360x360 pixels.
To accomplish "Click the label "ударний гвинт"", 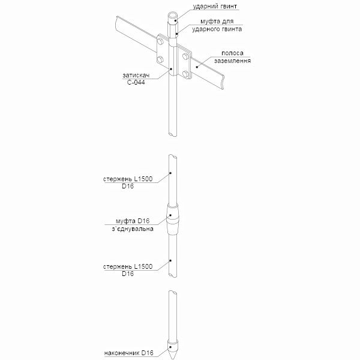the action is (x=215, y=7).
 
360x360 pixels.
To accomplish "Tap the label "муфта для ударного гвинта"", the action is (x=217, y=25).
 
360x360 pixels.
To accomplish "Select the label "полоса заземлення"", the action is (x=232, y=57).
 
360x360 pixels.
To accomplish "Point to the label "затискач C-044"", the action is (x=136, y=79).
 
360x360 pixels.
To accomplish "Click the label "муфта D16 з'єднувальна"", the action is (x=133, y=225).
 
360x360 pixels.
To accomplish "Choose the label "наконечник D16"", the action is (x=128, y=353).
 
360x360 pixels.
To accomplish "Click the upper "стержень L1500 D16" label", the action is (x=128, y=182).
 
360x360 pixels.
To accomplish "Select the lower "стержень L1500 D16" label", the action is (x=128, y=270).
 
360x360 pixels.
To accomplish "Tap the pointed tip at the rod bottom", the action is (x=172, y=358).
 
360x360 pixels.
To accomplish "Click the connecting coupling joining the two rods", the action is (x=173, y=219).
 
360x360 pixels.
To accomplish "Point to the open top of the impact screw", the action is (x=173, y=17).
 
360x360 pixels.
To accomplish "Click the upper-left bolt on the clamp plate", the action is (x=160, y=42).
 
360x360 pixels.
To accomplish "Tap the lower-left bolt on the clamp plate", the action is (x=160, y=59).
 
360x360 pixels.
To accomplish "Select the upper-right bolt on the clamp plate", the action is (x=185, y=56).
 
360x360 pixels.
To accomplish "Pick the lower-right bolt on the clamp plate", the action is (x=185, y=74).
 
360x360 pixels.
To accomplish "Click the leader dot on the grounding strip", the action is (x=197, y=67).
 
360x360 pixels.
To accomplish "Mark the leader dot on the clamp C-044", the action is (x=171, y=68).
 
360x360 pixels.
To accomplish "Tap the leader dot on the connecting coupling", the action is (x=170, y=215).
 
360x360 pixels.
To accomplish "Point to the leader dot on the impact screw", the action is (x=176, y=20).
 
